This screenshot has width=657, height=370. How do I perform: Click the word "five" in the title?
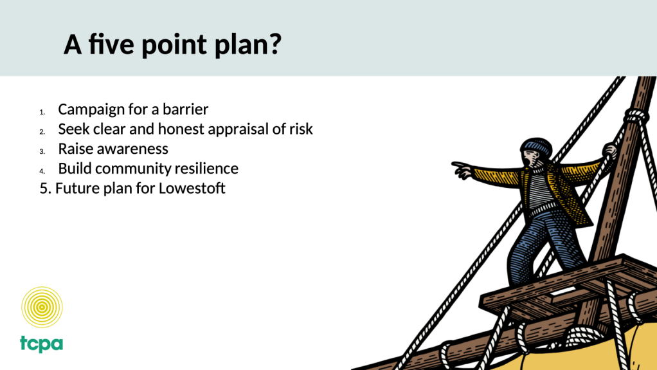click(111, 44)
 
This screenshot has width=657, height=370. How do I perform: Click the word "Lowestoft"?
click(192, 188)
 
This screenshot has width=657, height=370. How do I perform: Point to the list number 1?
click(42, 113)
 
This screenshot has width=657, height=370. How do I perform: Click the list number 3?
click(42, 152)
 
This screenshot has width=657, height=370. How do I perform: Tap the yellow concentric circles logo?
click(42, 307)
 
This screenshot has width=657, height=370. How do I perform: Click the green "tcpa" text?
click(42, 344)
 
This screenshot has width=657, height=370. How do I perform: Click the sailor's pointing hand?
click(462, 170)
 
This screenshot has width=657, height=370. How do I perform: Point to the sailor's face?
click(531, 158)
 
